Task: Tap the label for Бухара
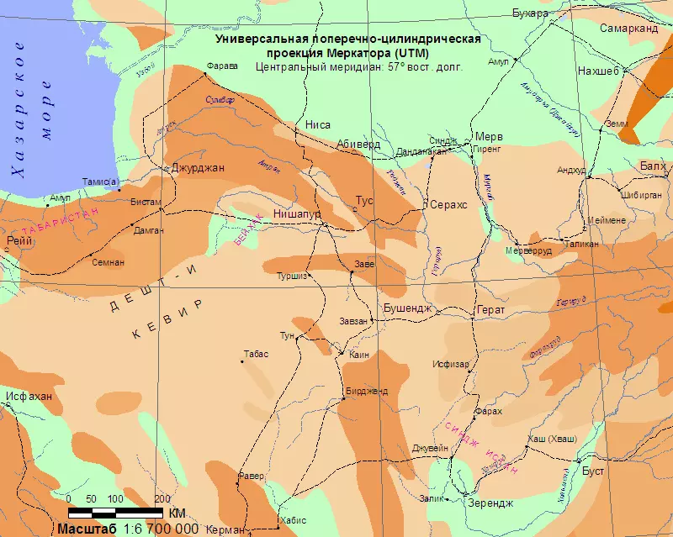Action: (530, 13)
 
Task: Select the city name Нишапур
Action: (298, 214)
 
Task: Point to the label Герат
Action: (490, 310)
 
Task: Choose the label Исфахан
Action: (28, 396)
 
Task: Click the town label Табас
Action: (255, 354)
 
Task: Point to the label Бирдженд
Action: (366, 391)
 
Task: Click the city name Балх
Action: (653, 166)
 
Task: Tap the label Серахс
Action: (448, 204)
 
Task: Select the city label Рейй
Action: (19, 240)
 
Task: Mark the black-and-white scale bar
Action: (115, 512)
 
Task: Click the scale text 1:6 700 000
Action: (161, 529)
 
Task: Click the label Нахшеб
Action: (598, 71)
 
